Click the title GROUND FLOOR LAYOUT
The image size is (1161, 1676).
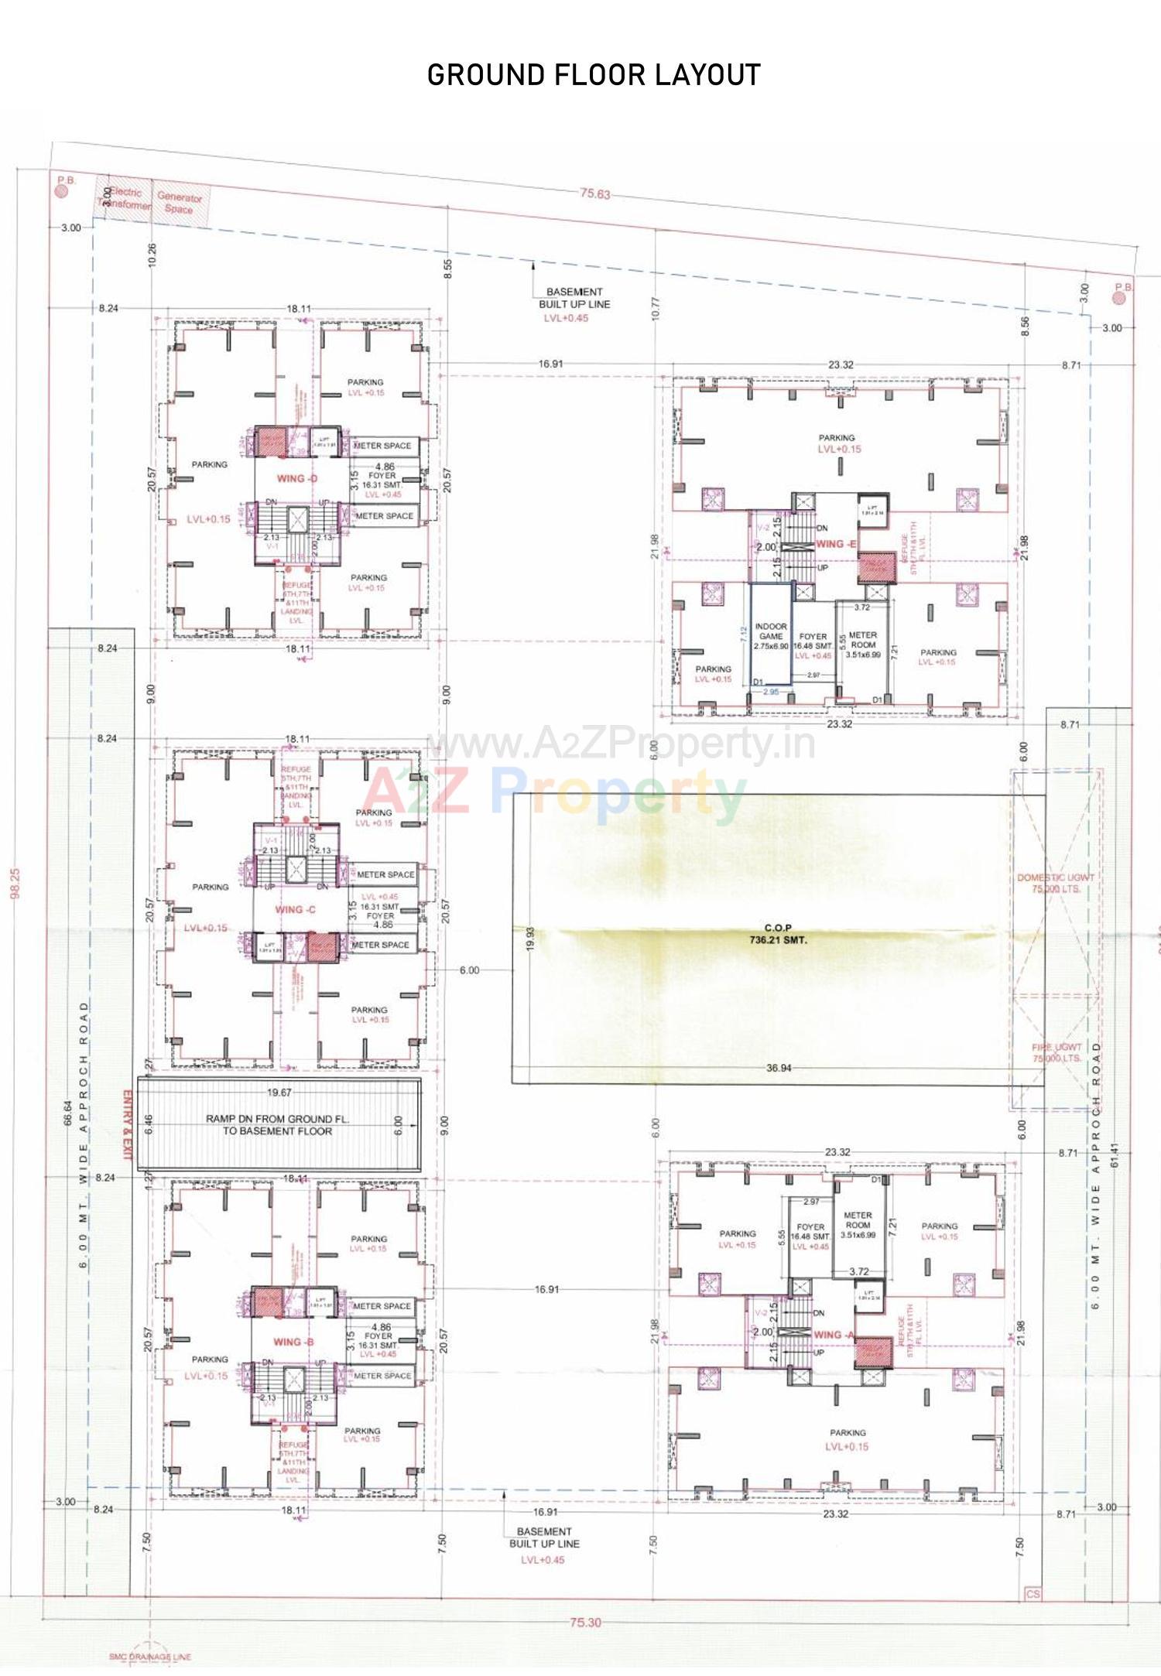(x=594, y=75)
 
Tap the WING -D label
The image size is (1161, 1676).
(x=297, y=478)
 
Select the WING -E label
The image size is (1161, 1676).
(x=836, y=544)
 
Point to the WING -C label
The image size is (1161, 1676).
(x=295, y=909)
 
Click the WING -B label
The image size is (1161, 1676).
(x=293, y=1342)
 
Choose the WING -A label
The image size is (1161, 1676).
(x=834, y=1335)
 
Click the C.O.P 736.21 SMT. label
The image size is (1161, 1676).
(x=778, y=934)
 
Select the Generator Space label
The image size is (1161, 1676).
(x=180, y=203)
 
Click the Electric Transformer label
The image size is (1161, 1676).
(x=124, y=199)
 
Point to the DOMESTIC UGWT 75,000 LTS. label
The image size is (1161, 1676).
(x=1056, y=883)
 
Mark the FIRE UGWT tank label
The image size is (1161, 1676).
(x=1057, y=1052)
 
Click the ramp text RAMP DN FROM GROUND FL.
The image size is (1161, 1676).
(x=277, y=1119)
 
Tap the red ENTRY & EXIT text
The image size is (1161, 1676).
(x=128, y=1125)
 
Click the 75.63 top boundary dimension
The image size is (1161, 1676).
(x=595, y=193)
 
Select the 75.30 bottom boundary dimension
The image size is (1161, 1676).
(x=585, y=1622)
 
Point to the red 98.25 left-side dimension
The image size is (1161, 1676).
(x=15, y=882)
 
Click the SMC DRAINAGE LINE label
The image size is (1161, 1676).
(x=149, y=1657)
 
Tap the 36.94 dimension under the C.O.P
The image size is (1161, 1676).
(x=779, y=1068)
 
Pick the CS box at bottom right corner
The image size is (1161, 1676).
(x=1033, y=1593)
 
